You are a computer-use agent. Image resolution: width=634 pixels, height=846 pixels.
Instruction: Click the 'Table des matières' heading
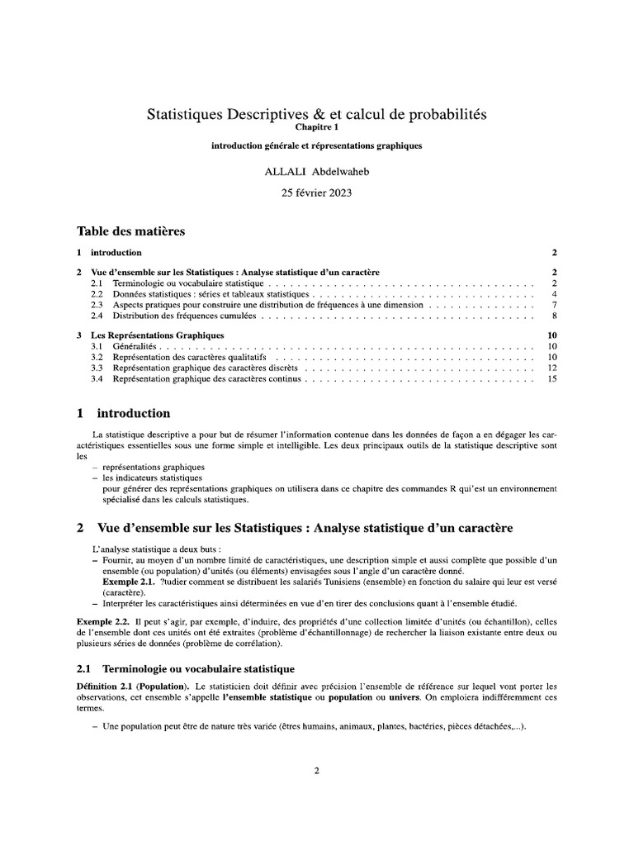130,231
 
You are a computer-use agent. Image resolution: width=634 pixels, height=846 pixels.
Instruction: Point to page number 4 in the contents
555,294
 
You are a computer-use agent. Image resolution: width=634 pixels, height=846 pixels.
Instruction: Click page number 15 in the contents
553,379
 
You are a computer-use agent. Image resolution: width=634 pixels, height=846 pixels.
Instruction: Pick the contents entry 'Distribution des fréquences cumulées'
185,316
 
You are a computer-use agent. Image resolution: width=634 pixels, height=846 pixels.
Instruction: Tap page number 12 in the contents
553,368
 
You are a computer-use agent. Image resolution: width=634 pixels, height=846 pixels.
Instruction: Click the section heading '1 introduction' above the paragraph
124,413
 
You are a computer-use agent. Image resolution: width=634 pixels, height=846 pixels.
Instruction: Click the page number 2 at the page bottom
316,771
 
